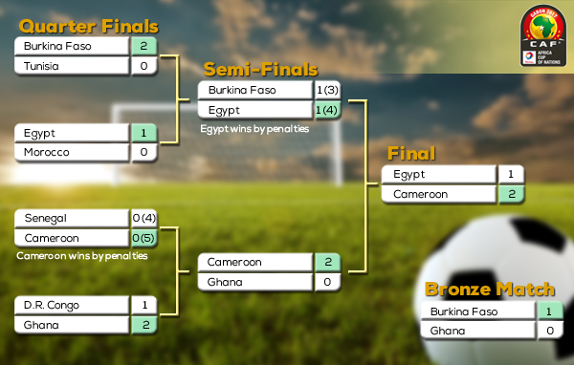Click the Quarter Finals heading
[x=89, y=26]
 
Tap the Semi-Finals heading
[x=260, y=70]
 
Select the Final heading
[x=410, y=154]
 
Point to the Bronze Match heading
[x=490, y=290]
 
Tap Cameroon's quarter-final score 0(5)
[x=143, y=238]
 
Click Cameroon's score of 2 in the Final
[x=511, y=194]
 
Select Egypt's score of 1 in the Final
[x=511, y=175]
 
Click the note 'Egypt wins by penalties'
[x=254, y=128]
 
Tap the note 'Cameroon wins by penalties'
[x=82, y=256]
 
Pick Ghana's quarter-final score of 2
[x=143, y=325]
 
